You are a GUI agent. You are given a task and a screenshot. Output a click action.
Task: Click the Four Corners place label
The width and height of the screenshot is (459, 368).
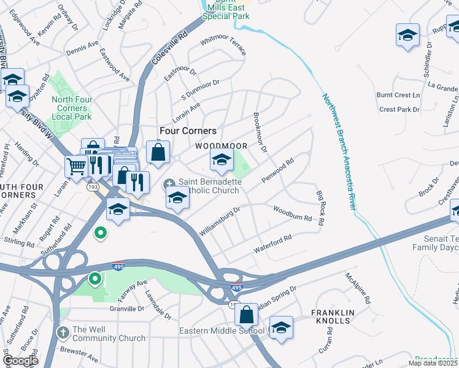(x=188, y=131)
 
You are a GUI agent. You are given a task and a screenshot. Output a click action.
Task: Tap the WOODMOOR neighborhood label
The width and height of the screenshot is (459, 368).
(x=222, y=146)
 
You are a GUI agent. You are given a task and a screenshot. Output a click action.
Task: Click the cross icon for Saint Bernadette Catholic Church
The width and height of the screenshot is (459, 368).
(x=169, y=184)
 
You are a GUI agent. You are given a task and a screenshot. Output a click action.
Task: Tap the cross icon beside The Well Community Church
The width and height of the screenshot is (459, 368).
(x=63, y=332)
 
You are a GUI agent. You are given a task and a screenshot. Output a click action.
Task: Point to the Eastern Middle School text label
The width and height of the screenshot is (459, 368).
(x=222, y=331)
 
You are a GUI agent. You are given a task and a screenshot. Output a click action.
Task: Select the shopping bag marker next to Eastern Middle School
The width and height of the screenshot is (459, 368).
(x=246, y=315)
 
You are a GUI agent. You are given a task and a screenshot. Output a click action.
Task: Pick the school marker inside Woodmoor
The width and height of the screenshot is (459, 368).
(x=222, y=160)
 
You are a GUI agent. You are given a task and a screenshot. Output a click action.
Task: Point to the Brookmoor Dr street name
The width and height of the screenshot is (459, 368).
(x=260, y=132)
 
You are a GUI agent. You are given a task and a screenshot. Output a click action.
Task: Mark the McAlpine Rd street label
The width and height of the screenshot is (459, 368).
(x=358, y=289)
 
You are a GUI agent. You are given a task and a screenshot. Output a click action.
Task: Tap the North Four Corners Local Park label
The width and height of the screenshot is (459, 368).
(x=72, y=109)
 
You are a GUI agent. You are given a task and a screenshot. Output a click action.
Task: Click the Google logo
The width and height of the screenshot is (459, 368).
(x=20, y=360)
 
